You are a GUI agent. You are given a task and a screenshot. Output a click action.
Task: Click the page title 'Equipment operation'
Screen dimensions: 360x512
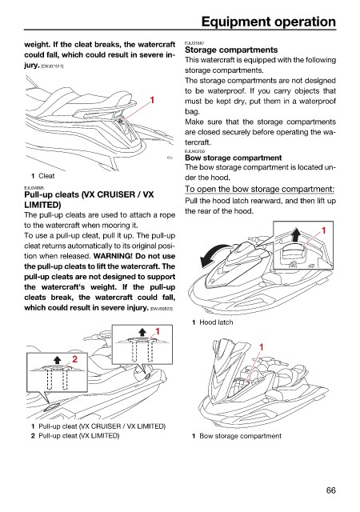pyautogui.click(x=269, y=22)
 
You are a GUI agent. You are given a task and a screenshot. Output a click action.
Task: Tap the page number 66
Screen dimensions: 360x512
pyautogui.click(x=330, y=490)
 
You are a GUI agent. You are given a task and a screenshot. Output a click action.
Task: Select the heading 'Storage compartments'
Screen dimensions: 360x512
pyautogui.click(x=231, y=50)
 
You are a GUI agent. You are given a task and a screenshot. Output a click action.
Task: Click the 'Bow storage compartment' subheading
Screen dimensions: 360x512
pyautogui.click(x=234, y=158)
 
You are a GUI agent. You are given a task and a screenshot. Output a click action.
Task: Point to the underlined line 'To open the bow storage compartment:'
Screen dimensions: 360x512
pyautogui.click(x=260, y=189)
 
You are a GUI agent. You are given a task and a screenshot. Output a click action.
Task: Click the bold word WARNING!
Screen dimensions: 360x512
pyautogui.click(x=113, y=256)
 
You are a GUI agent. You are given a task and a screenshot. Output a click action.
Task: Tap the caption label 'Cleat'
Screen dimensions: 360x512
pyautogui.click(x=46, y=176)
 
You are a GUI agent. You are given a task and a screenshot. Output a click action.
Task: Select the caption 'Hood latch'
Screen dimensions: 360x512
pyautogui.click(x=216, y=322)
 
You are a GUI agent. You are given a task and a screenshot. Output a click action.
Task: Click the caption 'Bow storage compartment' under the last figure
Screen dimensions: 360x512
pyautogui.click(x=240, y=436)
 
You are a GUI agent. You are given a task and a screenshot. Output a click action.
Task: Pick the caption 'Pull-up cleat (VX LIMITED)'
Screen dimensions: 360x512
pyautogui.click(x=78, y=435)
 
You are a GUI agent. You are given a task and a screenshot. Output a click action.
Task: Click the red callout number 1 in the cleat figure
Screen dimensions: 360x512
pyautogui.click(x=152, y=100)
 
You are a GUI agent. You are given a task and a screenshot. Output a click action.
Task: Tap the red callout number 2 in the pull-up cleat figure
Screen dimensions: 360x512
pyautogui.click(x=74, y=359)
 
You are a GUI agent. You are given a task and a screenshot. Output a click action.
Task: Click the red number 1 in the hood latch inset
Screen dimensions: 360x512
pyautogui.click(x=324, y=231)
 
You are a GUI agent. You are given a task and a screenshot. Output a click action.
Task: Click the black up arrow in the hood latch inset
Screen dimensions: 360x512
pyautogui.click(x=296, y=234)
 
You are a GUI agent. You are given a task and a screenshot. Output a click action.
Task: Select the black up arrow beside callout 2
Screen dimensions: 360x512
pyautogui.click(x=58, y=359)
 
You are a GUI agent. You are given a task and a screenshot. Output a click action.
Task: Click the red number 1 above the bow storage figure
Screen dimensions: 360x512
pyautogui.click(x=262, y=347)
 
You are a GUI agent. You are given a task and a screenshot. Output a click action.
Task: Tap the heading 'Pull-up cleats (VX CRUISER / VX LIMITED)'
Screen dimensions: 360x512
pyautogui.click(x=89, y=199)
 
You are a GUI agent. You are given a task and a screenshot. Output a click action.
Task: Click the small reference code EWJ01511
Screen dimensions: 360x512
pyautogui.click(x=52, y=66)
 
